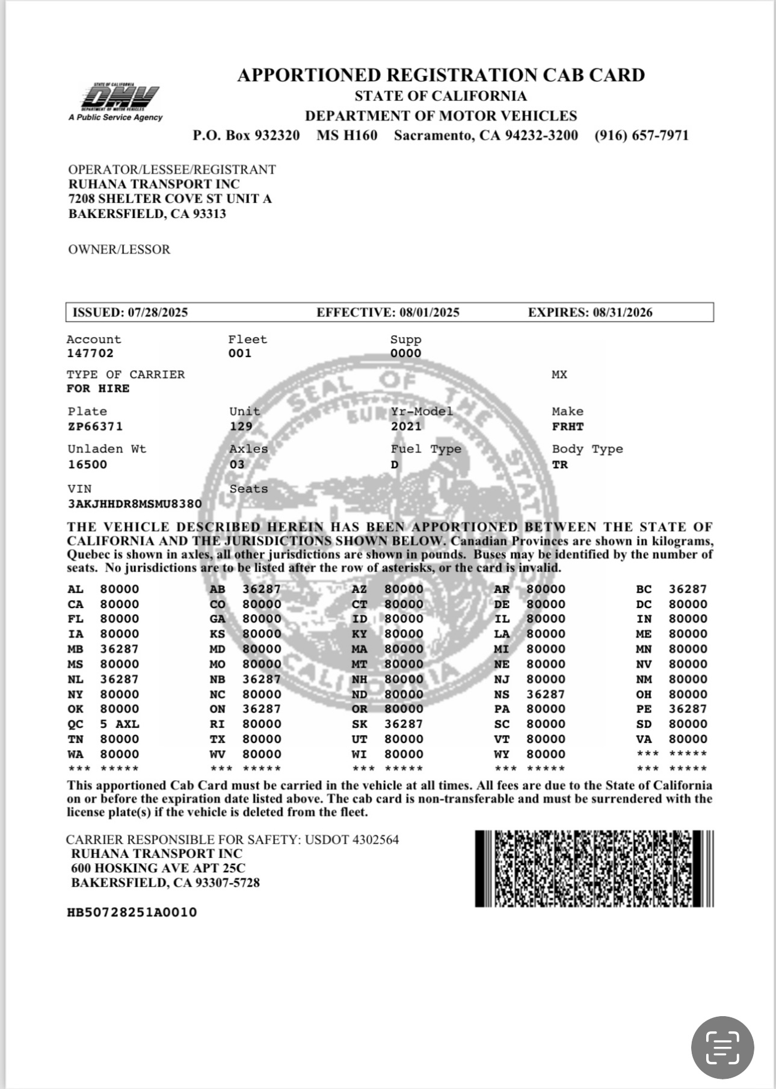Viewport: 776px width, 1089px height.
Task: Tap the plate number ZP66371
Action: click(95, 427)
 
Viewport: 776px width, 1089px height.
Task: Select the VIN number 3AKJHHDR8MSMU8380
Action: click(135, 504)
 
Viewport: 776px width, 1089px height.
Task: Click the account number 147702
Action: click(90, 353)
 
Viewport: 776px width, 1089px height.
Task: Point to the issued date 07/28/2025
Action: click(156, 312)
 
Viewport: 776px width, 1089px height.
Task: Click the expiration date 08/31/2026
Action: click(622, 312)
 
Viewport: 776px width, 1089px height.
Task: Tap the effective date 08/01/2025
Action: click(429, 312)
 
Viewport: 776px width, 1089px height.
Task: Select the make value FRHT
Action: click(568, 427)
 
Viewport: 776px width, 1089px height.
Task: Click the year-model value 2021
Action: click(406, 427)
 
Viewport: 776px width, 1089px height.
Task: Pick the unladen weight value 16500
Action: click(87, 465)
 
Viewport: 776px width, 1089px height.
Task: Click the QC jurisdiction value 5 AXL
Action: click(119, 724)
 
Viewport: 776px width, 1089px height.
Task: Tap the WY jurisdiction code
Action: click(502, 754)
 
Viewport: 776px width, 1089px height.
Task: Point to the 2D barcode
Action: click(594, 869)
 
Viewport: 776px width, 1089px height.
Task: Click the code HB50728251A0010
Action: click(132, 913)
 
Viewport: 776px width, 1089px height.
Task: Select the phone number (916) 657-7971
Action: click(641, 135)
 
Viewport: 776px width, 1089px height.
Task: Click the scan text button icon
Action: click(722, 1047)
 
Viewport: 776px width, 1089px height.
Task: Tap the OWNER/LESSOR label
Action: click(119, 250)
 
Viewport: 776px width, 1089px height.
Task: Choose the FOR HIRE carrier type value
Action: click(98, 389)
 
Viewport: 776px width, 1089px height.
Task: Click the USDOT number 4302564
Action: click(375, 840)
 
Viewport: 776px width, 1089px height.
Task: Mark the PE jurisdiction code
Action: click(644, 709)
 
